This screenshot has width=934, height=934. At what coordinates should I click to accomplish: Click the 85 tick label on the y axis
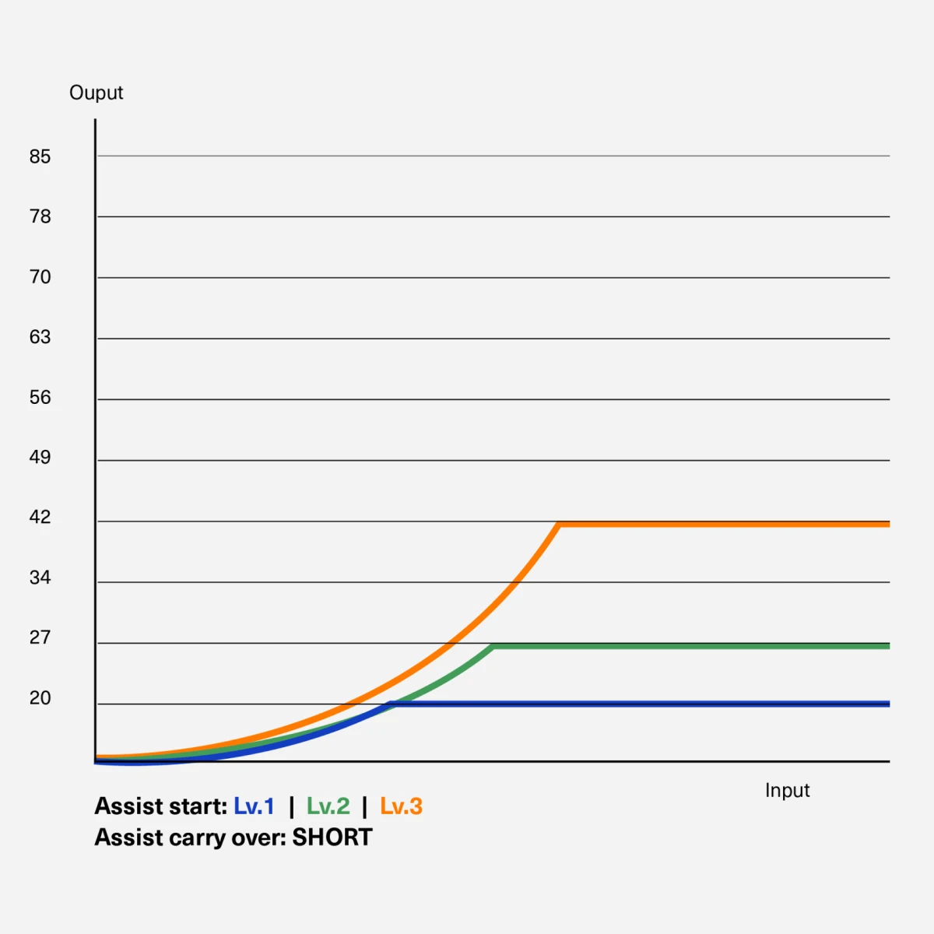tap(40, 156)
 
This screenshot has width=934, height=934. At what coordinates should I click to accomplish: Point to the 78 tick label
tap(40, 216)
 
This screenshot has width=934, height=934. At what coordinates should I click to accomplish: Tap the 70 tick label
tap(40, 277)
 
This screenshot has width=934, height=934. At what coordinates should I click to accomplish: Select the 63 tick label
tap(40, 337)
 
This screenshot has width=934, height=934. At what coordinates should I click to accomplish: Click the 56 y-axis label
tap(40, 398)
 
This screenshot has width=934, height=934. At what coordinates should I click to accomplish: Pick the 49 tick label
tap(40, 457)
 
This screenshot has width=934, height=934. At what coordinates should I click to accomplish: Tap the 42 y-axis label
tap(40, 517)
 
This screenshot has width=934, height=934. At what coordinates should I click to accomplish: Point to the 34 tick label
tap(40, 578)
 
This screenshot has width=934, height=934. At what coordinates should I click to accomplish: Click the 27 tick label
tap(40, 638)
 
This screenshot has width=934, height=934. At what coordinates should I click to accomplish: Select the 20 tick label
tap(40, 698)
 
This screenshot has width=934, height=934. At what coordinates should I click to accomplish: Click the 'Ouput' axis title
tap(96, 93)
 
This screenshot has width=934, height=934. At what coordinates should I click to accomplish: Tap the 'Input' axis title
tap(787, 791)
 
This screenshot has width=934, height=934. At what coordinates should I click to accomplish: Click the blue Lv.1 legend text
tap(254, 806)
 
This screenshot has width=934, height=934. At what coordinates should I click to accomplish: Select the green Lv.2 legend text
tap(328, 806)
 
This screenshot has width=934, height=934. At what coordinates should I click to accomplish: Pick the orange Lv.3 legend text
tap(402, 806)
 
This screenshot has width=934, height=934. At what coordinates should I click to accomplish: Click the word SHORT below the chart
tap(332, 837)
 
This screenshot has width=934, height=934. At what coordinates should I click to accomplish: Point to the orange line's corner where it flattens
tap(560, 525)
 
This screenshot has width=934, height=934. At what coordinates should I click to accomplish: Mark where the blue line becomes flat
tap(392, 704)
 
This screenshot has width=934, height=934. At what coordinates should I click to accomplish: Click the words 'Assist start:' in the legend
tap(161, 806)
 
